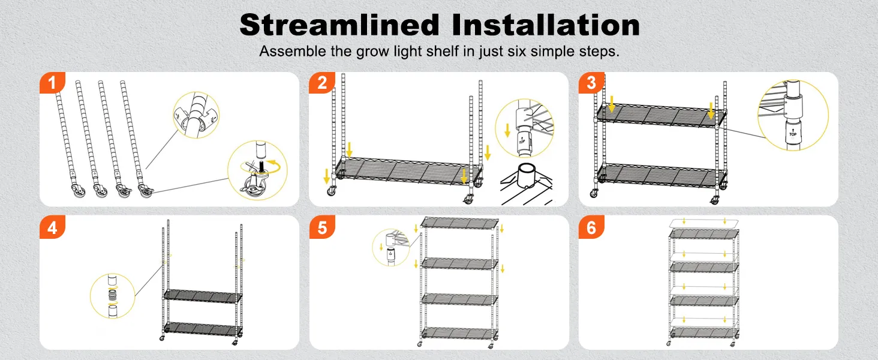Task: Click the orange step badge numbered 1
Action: click(x=52, y=83)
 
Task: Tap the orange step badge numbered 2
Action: click(x=322, y=83)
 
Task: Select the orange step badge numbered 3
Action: click(x=591, y=83)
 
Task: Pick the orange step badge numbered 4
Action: click(x=52, y=227)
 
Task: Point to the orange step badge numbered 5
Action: click(x=322, y=227)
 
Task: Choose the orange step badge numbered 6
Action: click(x=591, y=227)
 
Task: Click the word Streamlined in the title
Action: click(x=339, y=25)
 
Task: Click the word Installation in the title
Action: click(x=546, y=25)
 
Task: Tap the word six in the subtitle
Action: click(x=516, y=52)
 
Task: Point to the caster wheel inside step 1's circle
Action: click(x=253, y=188)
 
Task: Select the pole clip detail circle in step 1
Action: click(x=196, y=115)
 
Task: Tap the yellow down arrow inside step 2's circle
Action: click(x=507, y=130)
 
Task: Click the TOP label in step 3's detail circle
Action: click(x=793, y=134)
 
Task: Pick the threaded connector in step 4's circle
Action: click(x=113, y=295)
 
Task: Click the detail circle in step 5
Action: click(x=391, y=247)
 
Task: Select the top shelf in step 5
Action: click(x=459, y=223)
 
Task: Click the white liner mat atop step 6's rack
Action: click(x=704, y=223)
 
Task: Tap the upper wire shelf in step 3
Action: click(x=661, y=115)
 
